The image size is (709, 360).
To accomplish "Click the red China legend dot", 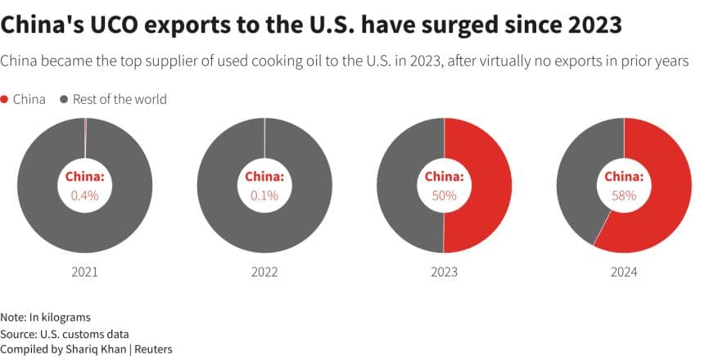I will pos(5,99).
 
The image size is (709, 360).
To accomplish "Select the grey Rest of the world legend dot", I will pos(64,99).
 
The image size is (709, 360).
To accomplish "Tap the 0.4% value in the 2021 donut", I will pos(84,195).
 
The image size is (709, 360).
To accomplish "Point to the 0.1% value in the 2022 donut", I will pos(264,195).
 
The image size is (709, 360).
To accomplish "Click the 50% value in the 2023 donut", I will pos(444,195).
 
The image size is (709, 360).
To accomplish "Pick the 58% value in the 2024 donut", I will pos(624,195).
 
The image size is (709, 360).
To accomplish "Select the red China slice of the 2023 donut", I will pos(487,186).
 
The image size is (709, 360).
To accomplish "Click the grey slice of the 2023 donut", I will pos(401,186).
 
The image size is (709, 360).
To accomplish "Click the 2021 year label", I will pos(84,272).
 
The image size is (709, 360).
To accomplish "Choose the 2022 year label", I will pos(264,272).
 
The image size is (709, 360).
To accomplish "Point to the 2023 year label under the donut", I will pos(444,272).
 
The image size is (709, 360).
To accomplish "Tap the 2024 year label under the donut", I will pos(624,272).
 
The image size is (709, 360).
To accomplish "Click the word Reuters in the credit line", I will pos(150,349).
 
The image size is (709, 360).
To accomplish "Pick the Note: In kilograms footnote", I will pos(46,317).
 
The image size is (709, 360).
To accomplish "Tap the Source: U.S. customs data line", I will pos(65,333).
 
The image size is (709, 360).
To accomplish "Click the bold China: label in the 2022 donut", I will pos(264,177).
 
